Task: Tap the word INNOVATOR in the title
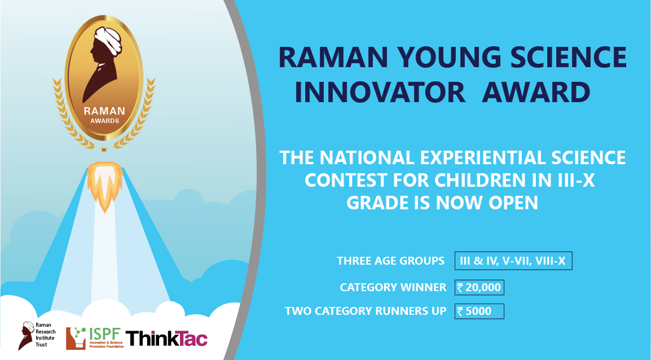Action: (x=380, y=92)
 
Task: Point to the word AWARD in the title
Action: (x=536, y=92)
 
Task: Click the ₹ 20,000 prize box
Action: (x=479, y=287)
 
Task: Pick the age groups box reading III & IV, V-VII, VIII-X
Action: (x=513, y=261)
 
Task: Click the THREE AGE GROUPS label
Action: (x=390, y=261)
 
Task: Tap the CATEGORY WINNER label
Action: (x=393, y=287)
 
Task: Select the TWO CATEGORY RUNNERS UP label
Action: (x=366, y=311)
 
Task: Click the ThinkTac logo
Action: (x=166, y=339)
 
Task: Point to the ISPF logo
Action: (x=95, y=338)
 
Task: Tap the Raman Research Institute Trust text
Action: (x=45, y=335)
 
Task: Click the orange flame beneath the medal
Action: (x=104, y=185)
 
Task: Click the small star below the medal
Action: (x=104, y=149)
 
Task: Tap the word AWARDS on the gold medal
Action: (x=104, y=121)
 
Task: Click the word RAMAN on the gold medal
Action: (x=104, y=111)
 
